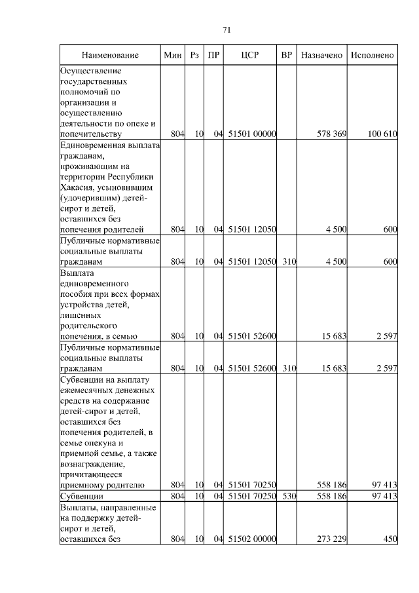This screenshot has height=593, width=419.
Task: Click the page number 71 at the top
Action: pyautogui.click(x=227, y=29)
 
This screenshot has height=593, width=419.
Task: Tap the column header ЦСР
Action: pyautogui.click(x=251, y=55)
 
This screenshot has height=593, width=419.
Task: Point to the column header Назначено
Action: pyautogui.click(x=321, y=55)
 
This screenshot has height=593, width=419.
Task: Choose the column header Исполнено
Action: pyautogui.click(x=373, y=55)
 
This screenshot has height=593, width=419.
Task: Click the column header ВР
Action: pyautogui.click(x=286, y=55)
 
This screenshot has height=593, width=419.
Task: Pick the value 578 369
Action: pyautogui.click(x=331, y=134)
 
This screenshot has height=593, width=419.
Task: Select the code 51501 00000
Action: pyautogui.click(x=253, y=134)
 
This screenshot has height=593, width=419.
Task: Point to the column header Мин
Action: pyautogui.click(x=173, y=55)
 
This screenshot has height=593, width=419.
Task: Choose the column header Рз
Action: pyautogui.click(x=194, y=55)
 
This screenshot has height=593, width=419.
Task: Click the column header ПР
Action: pyautogui.click(x=213, y=55)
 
